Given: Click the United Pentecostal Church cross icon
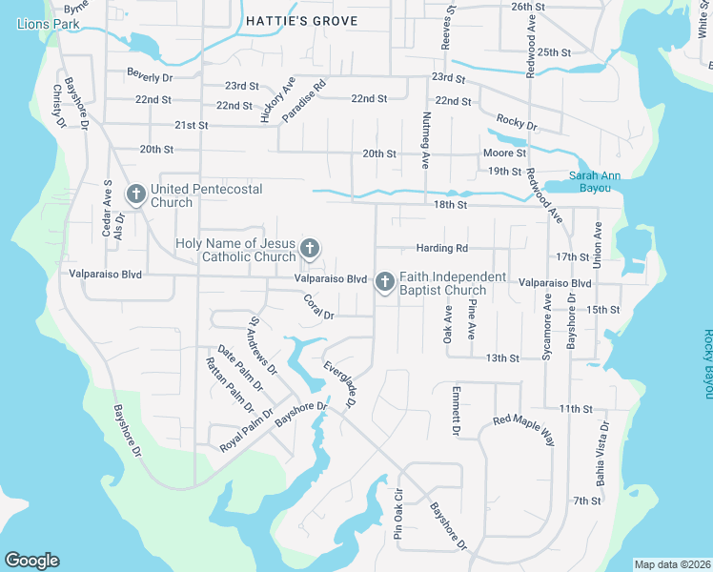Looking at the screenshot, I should [x=135, y=195].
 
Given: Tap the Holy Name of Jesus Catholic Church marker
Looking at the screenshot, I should [x=309, y=250].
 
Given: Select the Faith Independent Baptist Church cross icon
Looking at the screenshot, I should [x=384, y=282].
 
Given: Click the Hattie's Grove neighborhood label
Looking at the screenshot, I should [x=301, y=21].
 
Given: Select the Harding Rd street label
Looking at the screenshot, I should [x=442, y=248].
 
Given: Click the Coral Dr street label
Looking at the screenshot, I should [x=318, y=307].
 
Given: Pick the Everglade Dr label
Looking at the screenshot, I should [x=338, y=385].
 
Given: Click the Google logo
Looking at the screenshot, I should [x=31, y=561].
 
